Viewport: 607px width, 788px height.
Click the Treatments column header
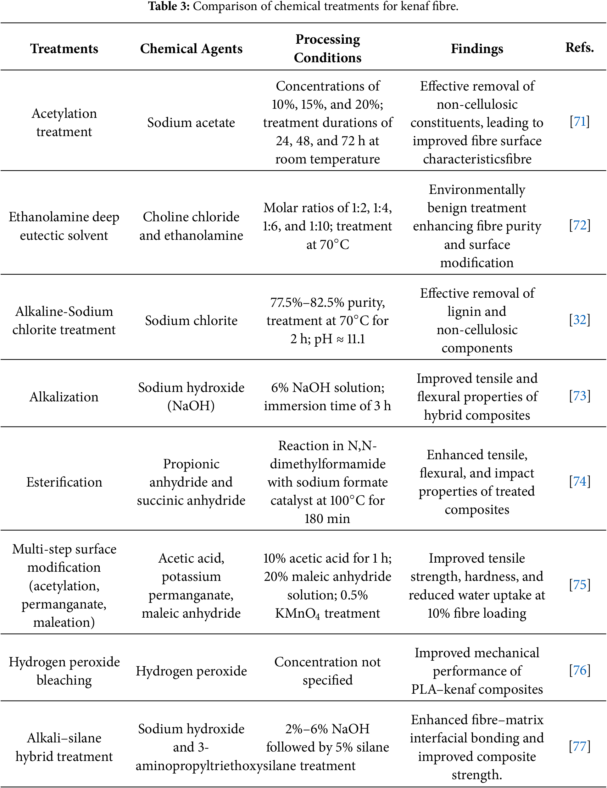pyautogui.click(x=64, y=48)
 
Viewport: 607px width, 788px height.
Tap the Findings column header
pyautogui.click(x=477, y=48)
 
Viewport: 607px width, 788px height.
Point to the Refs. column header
pyautogui.click(x=580, y=47)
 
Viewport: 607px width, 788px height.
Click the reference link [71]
pyautogui.click(x=580, y=122)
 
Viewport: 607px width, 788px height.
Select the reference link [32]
pyautogui.click(x=580, y=319)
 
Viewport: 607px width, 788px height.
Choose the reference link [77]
pyautogui.click(x=580, y=746)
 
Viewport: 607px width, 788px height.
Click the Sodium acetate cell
pyautogui.click(x=191, y=122)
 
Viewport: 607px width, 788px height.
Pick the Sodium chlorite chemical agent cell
pyautogui.click(x=191, y=320)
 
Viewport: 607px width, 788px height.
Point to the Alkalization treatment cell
pyautogui.click(x=64, y=397)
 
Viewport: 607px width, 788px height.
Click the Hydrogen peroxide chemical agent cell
pyautogui.click(x=191, y=671)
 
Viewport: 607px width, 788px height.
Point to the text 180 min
pyautogui.click(x=327, y=519)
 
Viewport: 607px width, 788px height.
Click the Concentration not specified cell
pyautogui.click(x=327, y=671)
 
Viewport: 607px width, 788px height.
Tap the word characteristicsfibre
pyautogui.click(x=477, y=159)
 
